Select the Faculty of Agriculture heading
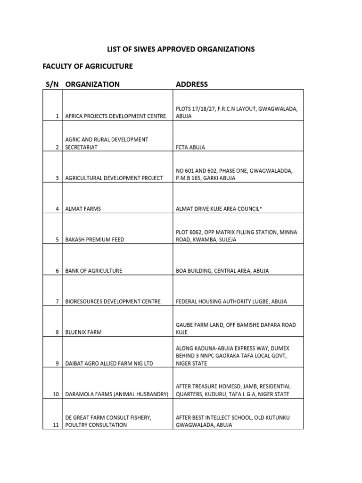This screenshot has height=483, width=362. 88,67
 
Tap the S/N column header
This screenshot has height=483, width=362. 52,84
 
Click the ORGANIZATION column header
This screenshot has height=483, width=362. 92,84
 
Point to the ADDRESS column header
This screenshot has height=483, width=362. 191,84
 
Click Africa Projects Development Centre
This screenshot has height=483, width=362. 115,116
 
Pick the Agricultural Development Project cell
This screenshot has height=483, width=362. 114,178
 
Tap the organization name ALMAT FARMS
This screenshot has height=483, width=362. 83,208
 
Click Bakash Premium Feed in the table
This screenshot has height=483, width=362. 95,240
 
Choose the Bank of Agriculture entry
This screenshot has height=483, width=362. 94,271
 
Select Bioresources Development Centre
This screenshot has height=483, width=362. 113,301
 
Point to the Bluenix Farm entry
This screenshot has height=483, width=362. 83,333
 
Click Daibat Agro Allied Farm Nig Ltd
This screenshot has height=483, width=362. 110,364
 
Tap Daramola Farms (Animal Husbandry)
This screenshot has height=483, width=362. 117,394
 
